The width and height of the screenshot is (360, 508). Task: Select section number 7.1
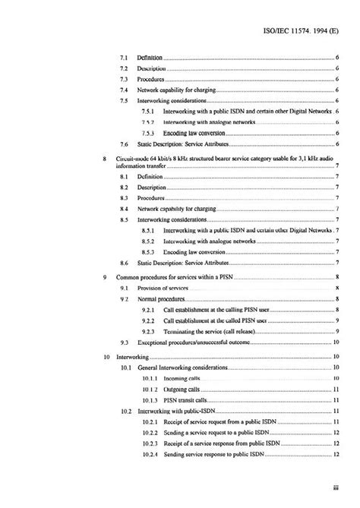tap(125, 58)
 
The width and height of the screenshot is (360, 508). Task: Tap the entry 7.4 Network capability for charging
tap(178, 90)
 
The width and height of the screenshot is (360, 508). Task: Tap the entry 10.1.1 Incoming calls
tap(182, 377)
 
